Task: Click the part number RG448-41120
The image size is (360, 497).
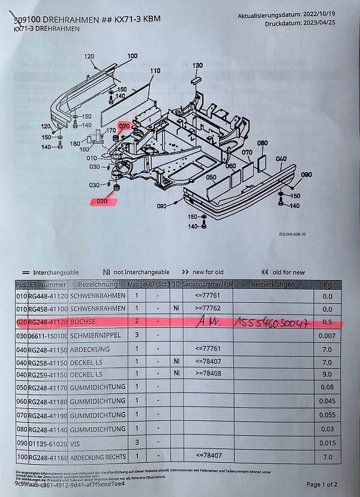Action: point(47,296)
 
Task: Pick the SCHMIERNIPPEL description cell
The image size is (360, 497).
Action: point(98,336)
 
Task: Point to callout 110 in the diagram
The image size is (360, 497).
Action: point(155,71)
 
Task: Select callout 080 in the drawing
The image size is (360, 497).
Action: point(262,143)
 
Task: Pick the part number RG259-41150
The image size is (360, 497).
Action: point(47,375)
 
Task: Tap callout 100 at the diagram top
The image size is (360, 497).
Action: point(132,56)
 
